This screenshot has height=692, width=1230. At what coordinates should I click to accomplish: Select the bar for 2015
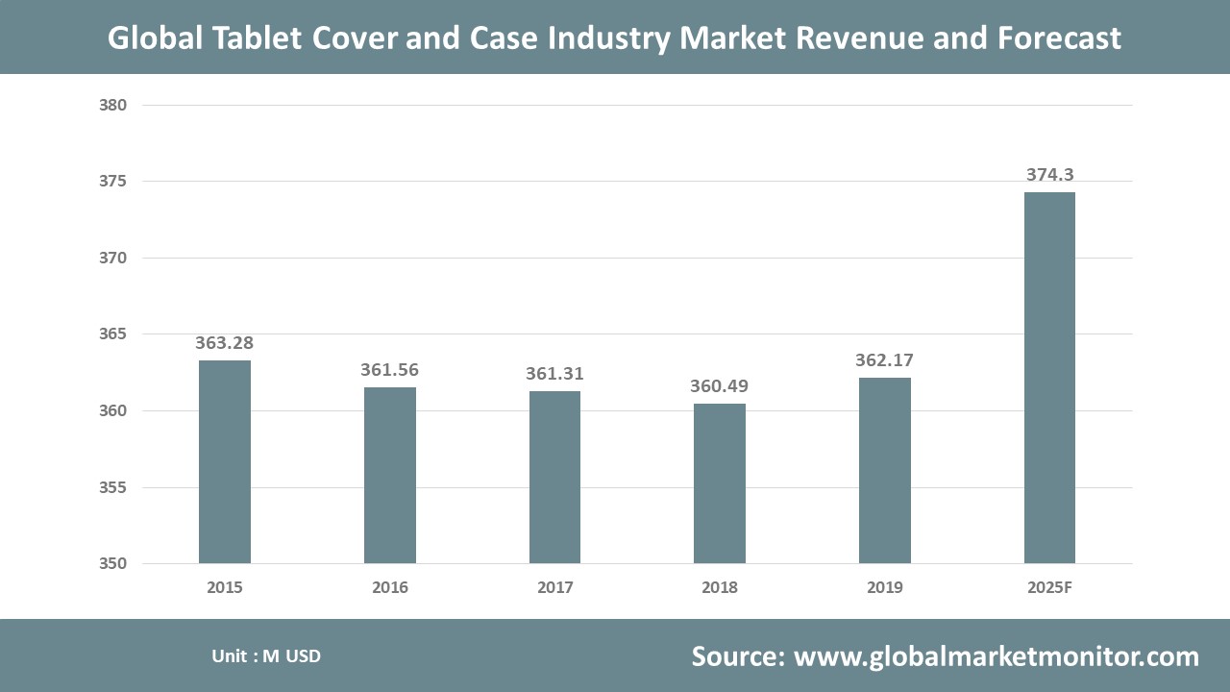click(x=225, y=461)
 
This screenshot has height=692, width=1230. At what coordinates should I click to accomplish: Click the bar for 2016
click(x=389, y=475)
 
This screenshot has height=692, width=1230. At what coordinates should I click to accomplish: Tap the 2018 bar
click(x=720, y=483)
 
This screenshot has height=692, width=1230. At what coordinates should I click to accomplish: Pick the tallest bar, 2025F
click(x=1049, y=378)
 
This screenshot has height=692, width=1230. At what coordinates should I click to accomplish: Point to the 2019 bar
click(x=885, y=470)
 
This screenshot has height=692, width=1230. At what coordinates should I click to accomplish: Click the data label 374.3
click(x=1049, y=175)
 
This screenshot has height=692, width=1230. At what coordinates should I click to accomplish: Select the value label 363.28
click(x=224, y=343)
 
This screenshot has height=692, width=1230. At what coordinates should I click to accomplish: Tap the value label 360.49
click(x=720, y=386)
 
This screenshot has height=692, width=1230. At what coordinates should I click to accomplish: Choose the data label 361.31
click(x=554, y=374)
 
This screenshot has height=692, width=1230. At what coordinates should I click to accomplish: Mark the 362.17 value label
click(x=884, y=360)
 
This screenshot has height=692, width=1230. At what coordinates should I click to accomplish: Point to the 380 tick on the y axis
click(x=113, y=105)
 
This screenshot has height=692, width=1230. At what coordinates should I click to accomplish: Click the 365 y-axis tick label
click(x=113, y=334)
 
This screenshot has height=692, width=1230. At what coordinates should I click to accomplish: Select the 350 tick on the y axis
click(x=113, y=564)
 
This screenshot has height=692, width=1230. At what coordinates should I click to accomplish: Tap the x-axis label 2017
click(x=554, y=587)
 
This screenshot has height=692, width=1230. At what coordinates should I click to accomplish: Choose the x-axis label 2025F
click(x=1049, y=587)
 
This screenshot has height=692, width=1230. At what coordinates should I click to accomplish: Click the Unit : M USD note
click(x=266, y=656)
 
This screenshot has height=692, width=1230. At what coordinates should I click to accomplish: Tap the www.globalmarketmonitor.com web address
click(x=996, y=656)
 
